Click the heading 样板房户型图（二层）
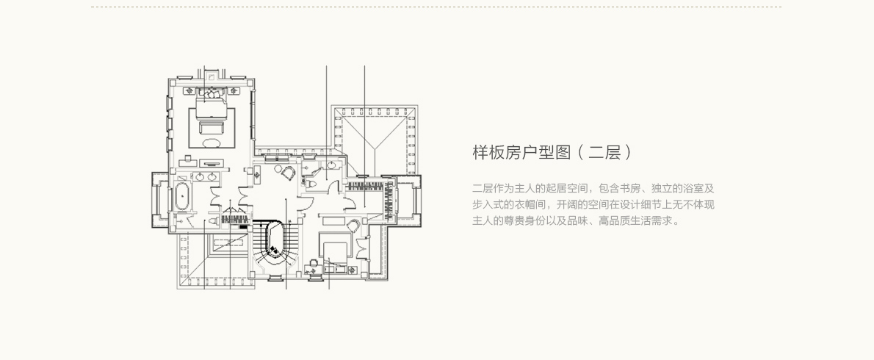pyautogui.click(x=552, y=153)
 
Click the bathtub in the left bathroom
pyautogui.click(x=181, y=198)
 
